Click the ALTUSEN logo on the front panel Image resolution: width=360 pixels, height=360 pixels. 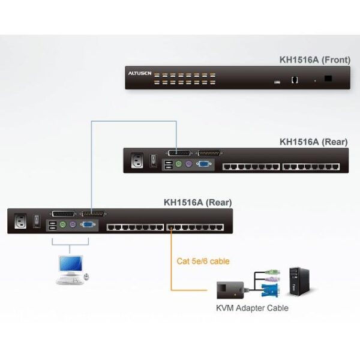click(137, 73)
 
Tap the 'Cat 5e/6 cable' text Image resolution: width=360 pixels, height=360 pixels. click(203, 261)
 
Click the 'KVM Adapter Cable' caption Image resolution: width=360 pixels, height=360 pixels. click(251, 308)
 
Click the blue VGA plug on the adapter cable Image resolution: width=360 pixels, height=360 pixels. click(267, 291)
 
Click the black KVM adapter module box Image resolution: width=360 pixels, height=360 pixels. click(229, 289)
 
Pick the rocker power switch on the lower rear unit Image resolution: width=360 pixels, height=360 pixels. click(37, 221)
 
